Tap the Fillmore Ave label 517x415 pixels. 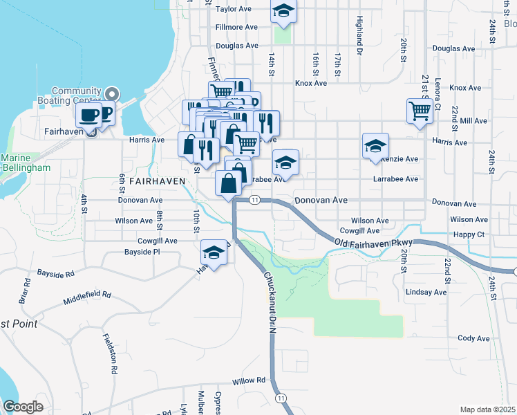pos(236,27)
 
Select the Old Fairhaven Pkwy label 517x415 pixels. pos(373,243)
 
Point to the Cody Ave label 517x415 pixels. pos(473,338)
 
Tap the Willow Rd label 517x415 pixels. pos(249,381)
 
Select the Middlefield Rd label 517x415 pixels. pos(87,298)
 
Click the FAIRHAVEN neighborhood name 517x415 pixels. pos(157,180)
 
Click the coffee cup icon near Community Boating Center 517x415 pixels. pos(88,114)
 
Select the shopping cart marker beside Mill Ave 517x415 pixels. pos(420,110)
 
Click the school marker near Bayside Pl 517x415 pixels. pos(214,253)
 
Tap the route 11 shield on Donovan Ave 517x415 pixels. pos(254,200)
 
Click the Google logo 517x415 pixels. pos(23,407)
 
